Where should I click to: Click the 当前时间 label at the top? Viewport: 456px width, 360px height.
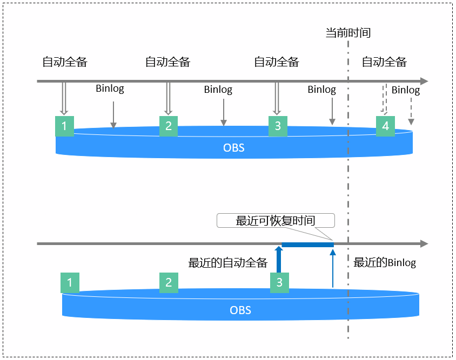348,33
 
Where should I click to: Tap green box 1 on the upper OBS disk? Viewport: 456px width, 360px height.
64,126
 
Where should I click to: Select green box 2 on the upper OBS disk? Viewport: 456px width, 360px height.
169,126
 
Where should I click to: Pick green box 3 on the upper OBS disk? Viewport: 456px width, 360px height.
278,126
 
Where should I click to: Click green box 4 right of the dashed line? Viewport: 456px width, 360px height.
385,126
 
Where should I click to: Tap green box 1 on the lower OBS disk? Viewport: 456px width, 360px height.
70,282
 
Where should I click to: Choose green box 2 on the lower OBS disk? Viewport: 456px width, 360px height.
169,282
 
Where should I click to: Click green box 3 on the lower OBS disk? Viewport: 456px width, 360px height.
279,282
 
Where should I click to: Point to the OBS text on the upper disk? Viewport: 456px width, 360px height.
234,147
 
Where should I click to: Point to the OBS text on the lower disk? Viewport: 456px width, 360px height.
240,310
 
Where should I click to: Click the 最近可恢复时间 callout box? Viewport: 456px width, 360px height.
276,220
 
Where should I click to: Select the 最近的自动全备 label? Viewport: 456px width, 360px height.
228,263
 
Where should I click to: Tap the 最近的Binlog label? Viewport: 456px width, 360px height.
385,263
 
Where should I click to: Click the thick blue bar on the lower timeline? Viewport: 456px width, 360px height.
307,244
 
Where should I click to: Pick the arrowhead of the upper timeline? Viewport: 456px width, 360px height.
424,81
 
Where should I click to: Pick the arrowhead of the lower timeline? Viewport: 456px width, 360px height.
424,244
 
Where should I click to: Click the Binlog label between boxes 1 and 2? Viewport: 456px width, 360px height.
110,89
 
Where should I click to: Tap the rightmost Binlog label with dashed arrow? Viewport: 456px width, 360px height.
406,90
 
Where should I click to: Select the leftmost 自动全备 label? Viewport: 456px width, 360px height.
65,62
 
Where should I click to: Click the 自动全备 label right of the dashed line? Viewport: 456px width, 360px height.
384,62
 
